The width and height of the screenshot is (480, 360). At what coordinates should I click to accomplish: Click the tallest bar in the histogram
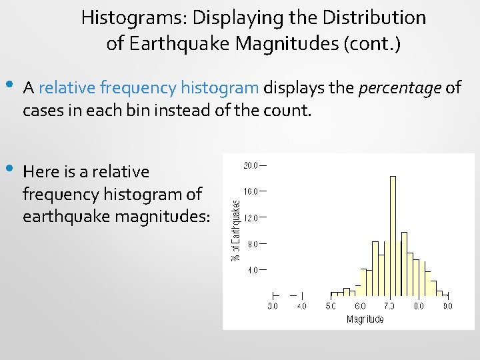click(x=393, y=233)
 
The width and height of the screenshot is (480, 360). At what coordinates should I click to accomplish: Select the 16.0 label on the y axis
click(x=251, y=191)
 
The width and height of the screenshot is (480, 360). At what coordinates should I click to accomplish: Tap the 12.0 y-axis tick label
click(x=251, y=217)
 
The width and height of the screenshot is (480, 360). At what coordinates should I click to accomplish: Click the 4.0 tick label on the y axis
click(x=252, y=270)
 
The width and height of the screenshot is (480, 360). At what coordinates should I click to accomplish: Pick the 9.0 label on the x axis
click(x=447, y=306)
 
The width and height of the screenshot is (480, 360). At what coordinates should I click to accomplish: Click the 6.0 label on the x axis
click(x=360, y=306)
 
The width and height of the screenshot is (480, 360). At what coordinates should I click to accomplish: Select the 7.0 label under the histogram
click(x=389, y=306)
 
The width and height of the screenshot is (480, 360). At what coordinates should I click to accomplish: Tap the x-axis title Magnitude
click(x=365, y=319)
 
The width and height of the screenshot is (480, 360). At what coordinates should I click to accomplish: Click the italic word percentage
click(x=400, y=87)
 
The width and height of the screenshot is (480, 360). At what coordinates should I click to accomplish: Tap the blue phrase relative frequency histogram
click(x=149, y=87)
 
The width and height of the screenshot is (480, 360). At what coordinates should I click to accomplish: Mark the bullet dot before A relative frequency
click(x=9, y=85)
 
